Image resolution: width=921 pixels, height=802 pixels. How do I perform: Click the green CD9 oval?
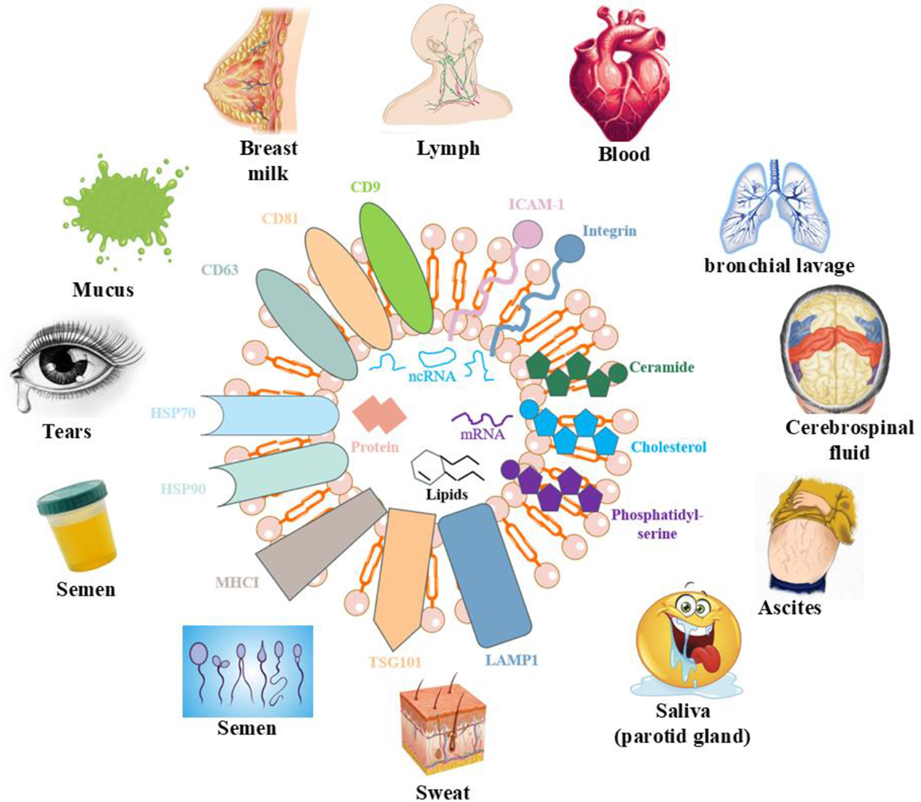[396, 268]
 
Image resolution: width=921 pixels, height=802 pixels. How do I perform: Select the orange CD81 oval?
[347, 288]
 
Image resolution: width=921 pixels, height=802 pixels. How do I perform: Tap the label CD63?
[220, 270]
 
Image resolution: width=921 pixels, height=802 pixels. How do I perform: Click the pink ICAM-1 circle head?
[527, 233]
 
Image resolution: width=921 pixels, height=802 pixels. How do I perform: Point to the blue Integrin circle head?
[570, 248]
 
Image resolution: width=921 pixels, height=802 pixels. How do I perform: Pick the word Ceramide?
[662, 367]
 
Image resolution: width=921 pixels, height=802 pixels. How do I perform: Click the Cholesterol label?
[668, 446]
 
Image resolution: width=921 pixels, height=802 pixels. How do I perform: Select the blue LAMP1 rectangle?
[484, 572]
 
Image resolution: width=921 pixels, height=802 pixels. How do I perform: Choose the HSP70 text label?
[173, 413]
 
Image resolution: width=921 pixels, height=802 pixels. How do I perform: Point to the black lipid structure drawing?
[445, 465]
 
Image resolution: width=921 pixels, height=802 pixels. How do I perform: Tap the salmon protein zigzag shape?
[379, 414]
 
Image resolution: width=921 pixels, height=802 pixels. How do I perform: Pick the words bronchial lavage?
[779, 266]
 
